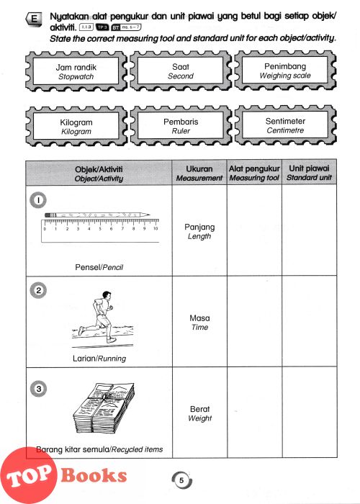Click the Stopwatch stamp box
[x=76, y=71]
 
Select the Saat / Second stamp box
[x=181, y=71]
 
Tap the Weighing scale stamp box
[x=285, y=71]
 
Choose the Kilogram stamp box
[x=76, y=126]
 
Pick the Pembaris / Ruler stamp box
[x=181, y=126]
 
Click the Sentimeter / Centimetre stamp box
[x=285, y=125]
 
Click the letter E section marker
[x=34, y=19]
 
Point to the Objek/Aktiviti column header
[x=99, y=174]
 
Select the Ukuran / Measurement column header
[x=199, y=173]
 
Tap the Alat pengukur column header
[x=254, y=173]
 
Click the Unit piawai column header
[x=309, y=172]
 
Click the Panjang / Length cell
[x=199, y=231]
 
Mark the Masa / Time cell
[x=199, y=322]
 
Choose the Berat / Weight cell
[x=200, y=413]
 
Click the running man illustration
[x=102, y=320]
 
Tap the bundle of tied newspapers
[x=104, y=408]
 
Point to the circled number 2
[x=38, y=291]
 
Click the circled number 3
[x=39, y=389]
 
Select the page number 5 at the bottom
[x=181, y=480]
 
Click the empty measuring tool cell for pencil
[x=255, y=230]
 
